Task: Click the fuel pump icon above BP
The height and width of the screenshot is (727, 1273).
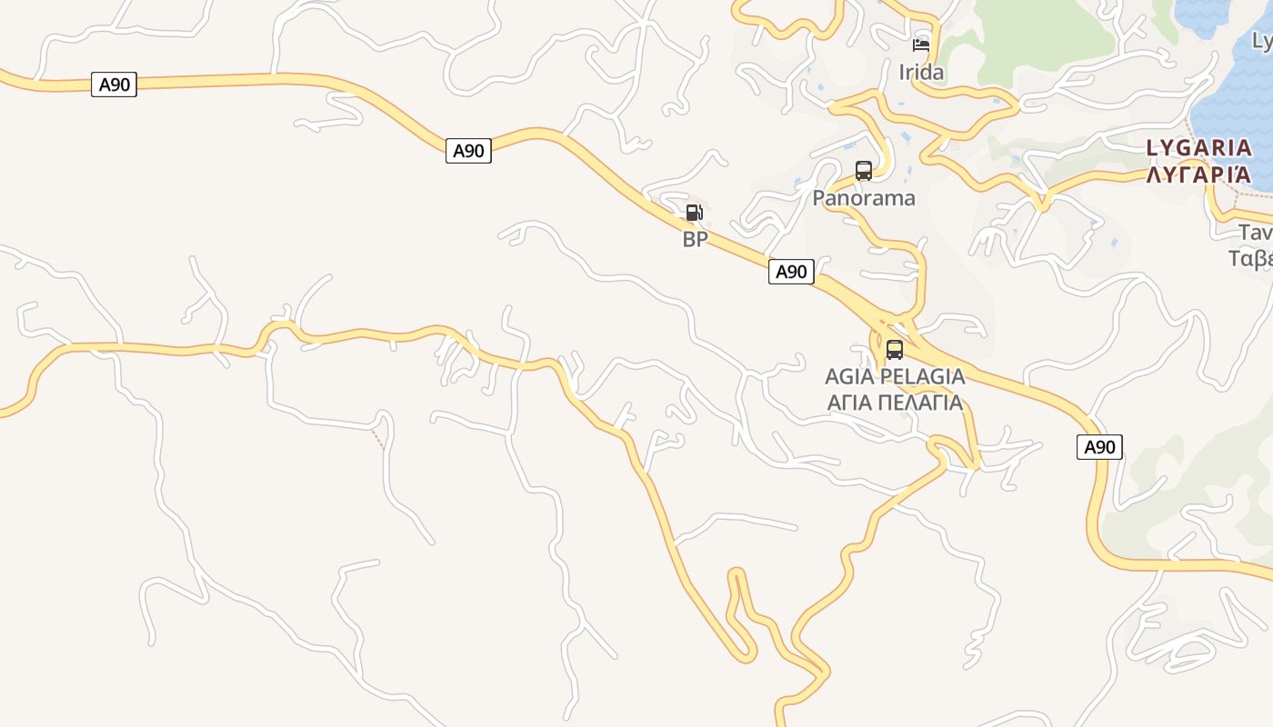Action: pos(694,214)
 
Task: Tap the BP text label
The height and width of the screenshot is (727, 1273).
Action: pos(695,240)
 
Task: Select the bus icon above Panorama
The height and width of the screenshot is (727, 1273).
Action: pos(863,171)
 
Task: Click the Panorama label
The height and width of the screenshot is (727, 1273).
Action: pos(864,198)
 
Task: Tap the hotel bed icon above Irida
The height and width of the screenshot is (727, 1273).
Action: pos(921,45)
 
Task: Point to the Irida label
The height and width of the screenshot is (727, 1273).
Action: pos(921,72)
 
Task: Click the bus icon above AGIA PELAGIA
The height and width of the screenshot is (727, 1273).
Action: pos(894,350)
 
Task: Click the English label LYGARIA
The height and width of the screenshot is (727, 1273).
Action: pos(1198,147)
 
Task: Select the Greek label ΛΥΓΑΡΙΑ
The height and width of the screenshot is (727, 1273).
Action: pos(1198,174)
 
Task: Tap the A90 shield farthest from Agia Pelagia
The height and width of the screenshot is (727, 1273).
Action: pos(114,85)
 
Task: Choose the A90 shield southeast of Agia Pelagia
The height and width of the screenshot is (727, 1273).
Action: pos(1099,446)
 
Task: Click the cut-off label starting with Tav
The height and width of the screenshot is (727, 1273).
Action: pos(1255,233)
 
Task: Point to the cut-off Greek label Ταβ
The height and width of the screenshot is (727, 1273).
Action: pos(1251,259)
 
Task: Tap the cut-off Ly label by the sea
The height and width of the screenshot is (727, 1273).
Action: pos(1262,41)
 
